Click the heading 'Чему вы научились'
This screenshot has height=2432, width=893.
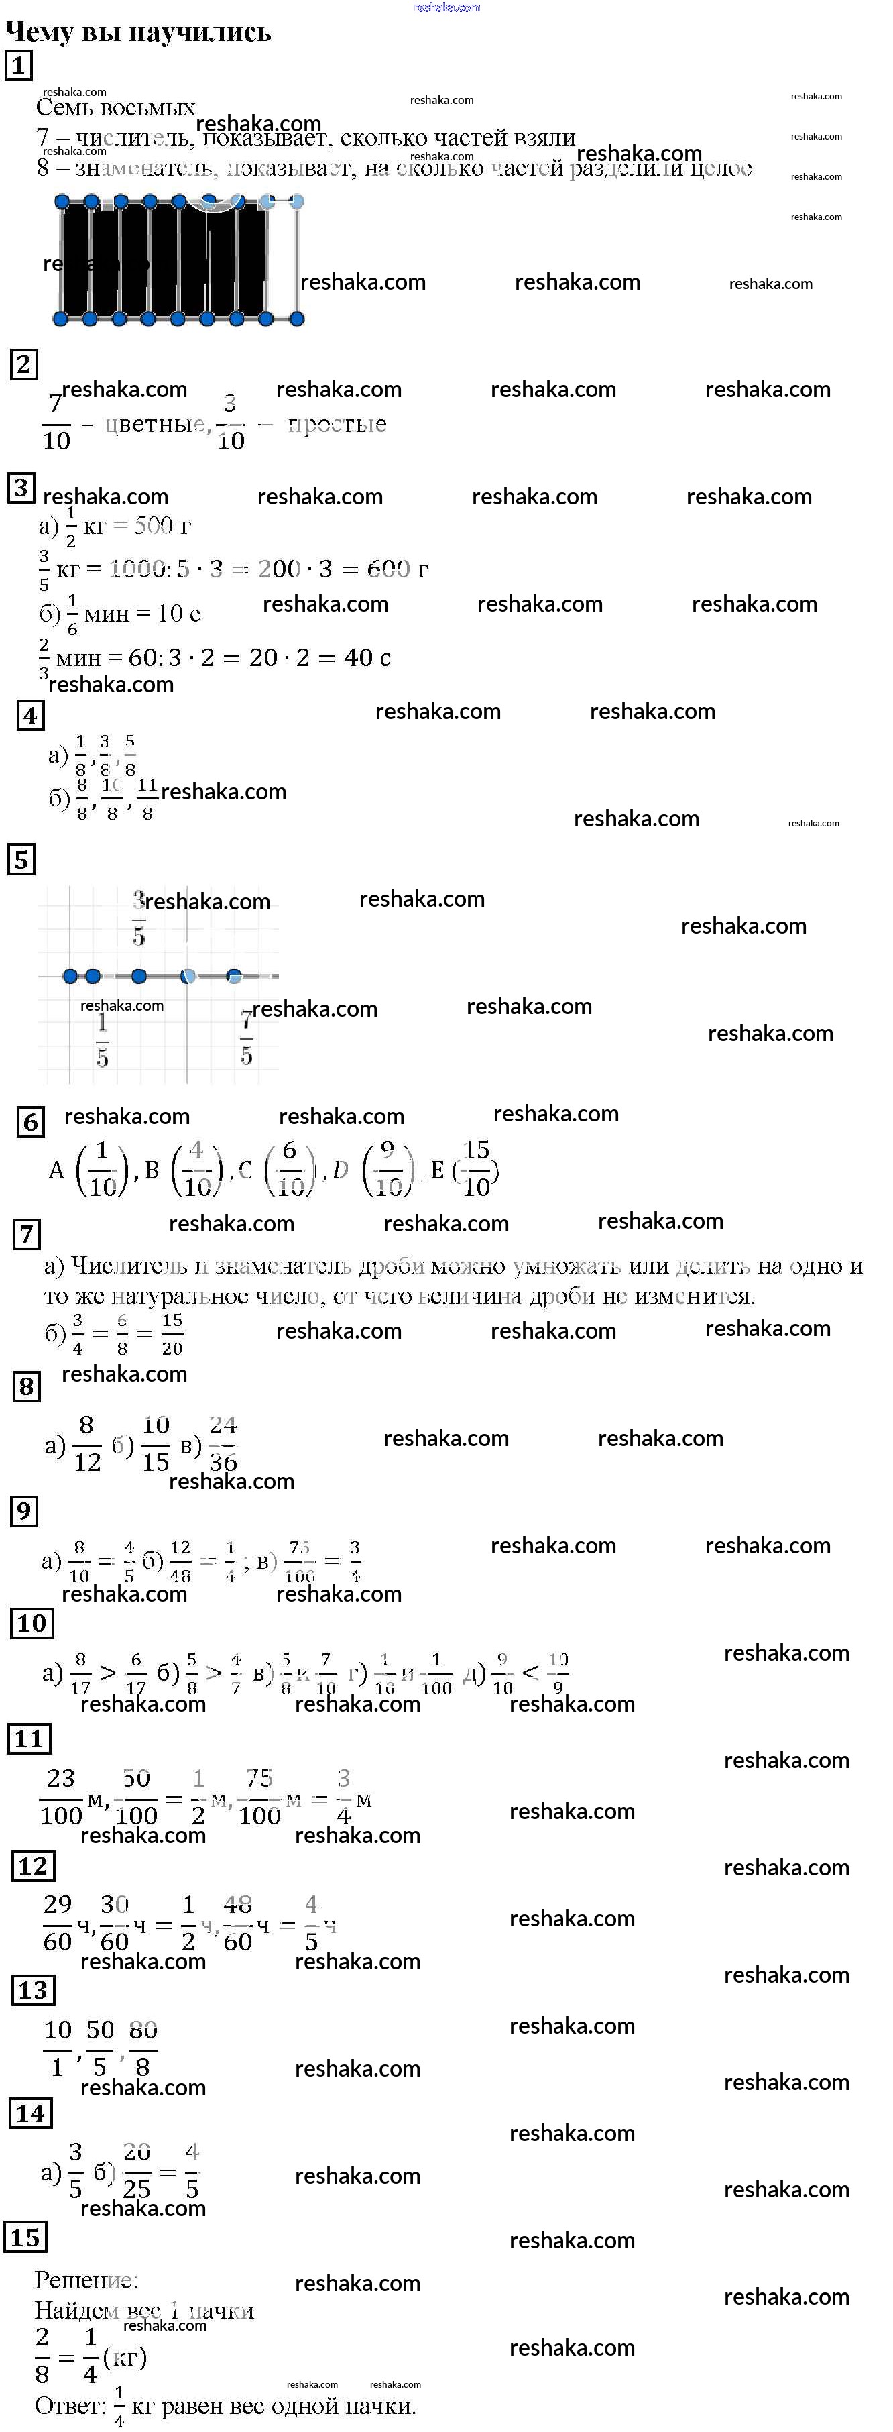tap(139, 32)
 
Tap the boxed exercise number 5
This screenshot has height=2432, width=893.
tap(21, 860)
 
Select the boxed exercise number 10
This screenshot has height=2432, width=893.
tap(31, 1623)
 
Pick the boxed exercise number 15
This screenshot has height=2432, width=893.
tap(25, 2237)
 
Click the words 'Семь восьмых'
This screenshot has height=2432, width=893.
tap(115, 107)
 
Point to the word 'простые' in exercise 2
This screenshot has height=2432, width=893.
tap(337, 424)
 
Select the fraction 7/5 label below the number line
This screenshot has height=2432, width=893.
tap(246, 1038)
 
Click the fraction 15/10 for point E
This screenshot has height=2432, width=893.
tap(477, 1169)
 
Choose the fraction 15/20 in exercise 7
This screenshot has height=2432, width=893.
tap(172, 1334)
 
